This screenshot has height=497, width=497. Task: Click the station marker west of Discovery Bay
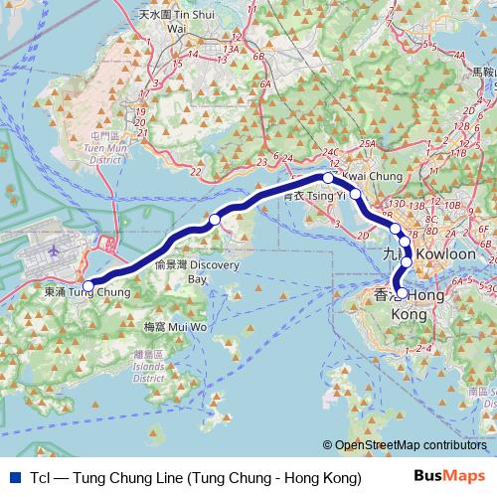pos(215,220)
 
